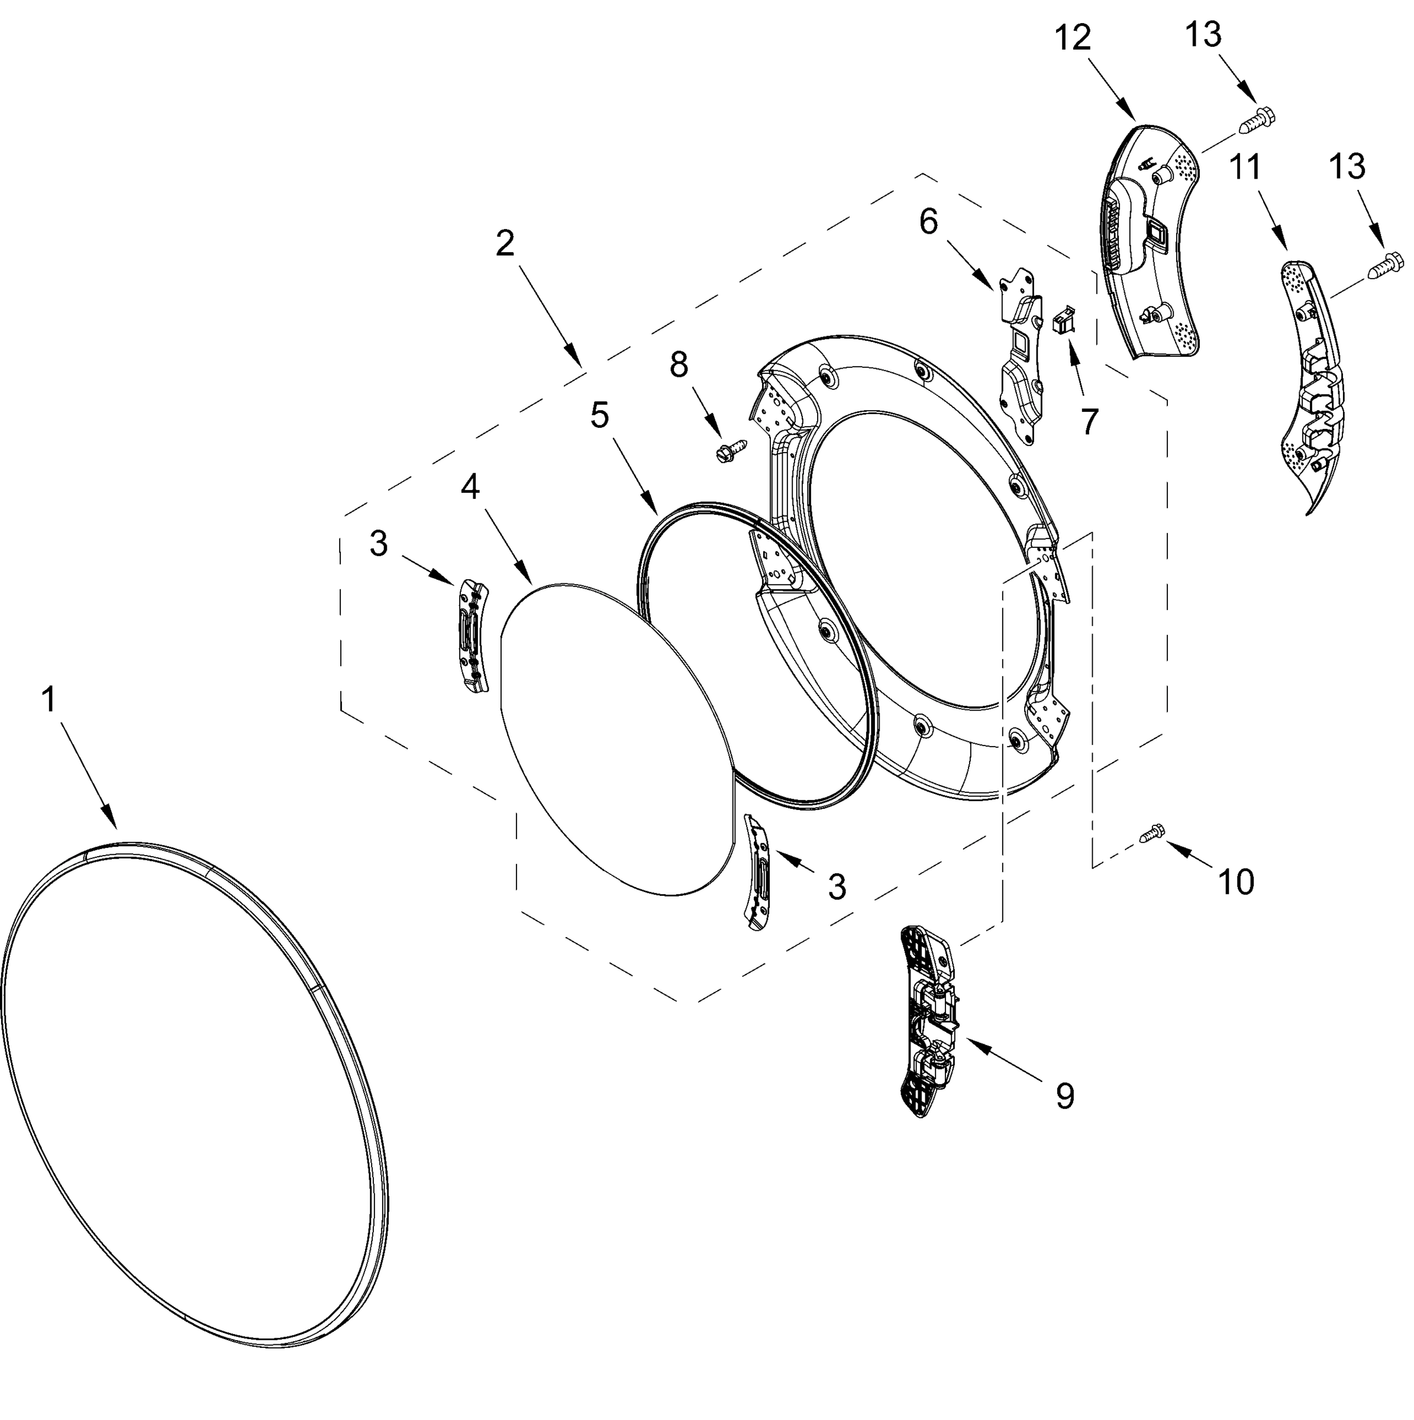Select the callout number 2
505,243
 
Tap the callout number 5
600,416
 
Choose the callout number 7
1089,421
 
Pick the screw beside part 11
1384,264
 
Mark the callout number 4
470,486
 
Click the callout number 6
928,221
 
